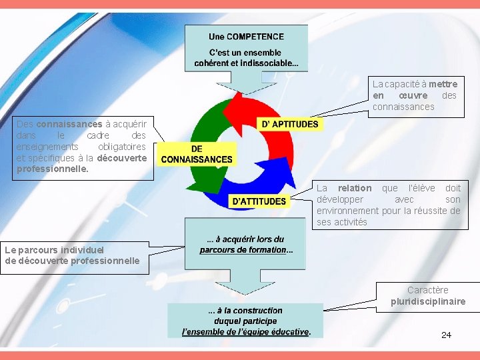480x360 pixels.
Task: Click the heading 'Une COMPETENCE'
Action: (246, 37)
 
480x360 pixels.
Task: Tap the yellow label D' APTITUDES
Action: (289, 124)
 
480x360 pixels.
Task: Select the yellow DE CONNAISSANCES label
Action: (197, 154)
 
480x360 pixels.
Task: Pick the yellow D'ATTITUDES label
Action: (259, 201)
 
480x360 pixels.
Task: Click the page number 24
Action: (446, 335)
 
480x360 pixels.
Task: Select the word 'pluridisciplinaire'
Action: (428, 302)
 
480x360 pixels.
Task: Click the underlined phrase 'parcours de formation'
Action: (243, 250)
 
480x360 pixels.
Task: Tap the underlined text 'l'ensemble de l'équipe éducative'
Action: (246, 331)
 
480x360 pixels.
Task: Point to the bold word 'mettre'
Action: (443, 84)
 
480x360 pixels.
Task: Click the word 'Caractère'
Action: (428, 290)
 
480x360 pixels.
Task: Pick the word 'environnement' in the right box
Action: (347, 211)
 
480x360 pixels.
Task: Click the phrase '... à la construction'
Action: (245, 310)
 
